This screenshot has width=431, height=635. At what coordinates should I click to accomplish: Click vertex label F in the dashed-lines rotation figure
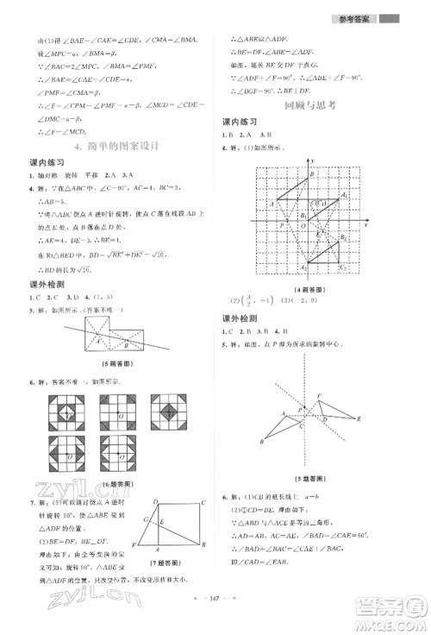pyautogui.click(x=320, y=396)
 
